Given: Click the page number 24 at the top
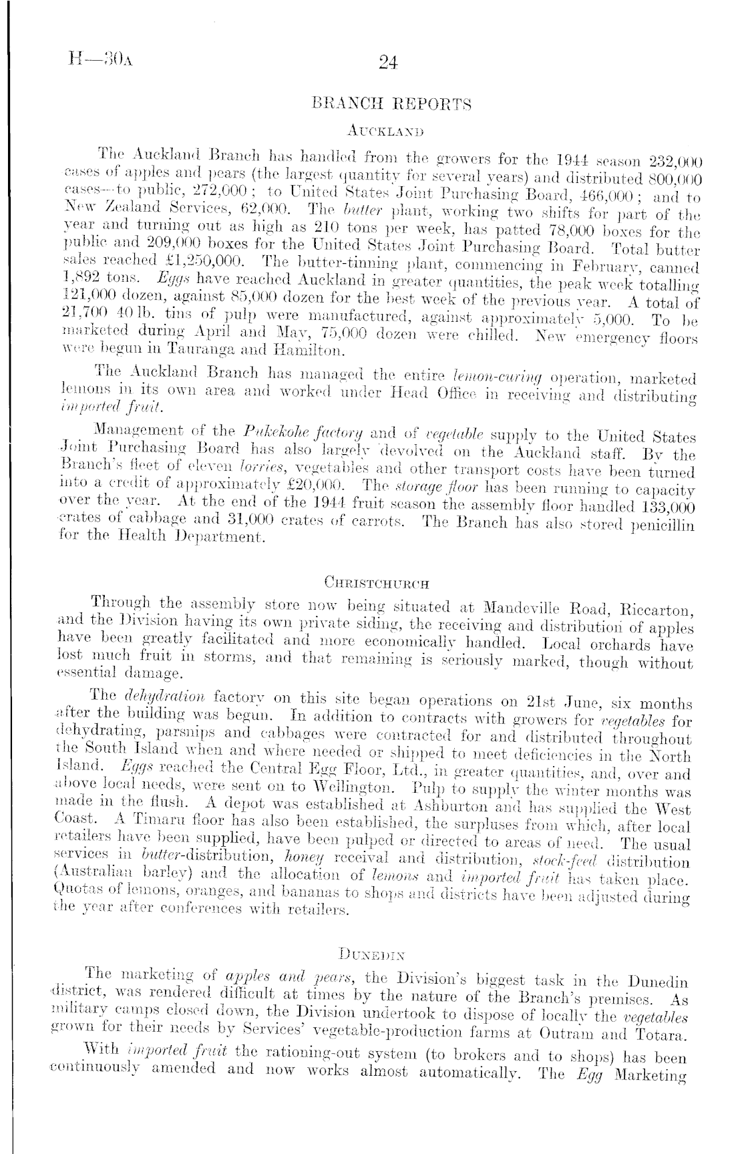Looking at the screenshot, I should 387,62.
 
